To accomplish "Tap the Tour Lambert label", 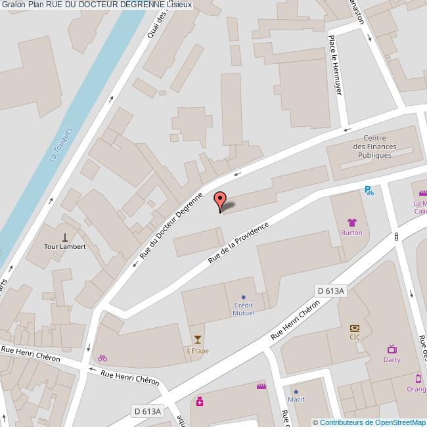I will pos(65,247).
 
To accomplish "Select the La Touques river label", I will pos(60,145).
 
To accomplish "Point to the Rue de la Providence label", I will pos(238,243).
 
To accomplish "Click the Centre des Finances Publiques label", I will pos(371,146).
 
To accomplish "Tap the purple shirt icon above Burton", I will pos(351,223).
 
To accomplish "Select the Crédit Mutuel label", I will pos(244,309).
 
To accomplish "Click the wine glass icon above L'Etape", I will pos(198,340).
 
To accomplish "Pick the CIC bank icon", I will pos(355,327).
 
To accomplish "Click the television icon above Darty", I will pos(392,349).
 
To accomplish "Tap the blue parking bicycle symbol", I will pos(369,191).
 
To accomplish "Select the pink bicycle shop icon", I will pos(102,358).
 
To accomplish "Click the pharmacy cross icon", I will pos(200,401).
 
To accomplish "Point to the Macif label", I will pos(296,399).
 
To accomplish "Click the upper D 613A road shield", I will pos(330,291).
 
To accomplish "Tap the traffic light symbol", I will pos(397,236).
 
